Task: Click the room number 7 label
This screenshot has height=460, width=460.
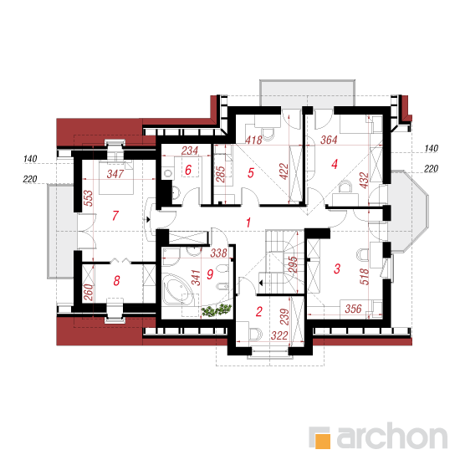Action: click(x=115, y=215)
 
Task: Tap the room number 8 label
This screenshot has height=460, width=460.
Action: click(x=116, y=280)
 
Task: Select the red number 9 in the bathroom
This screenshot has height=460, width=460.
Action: click(x=210, y=274)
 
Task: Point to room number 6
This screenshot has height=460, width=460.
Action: click(x=188, y=170)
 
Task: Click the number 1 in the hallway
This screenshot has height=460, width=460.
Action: click(x=248, y=222)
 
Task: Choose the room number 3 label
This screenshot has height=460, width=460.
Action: click(x=337, y=268)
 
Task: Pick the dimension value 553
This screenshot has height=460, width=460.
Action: click(x=89, y=198)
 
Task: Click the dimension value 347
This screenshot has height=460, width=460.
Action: click(x=115, y=174)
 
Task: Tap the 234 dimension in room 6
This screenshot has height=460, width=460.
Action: click(x=190, y=151)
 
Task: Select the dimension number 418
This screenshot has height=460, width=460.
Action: click(x=253, y=140)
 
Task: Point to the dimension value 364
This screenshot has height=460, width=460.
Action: click(x=329, y=140)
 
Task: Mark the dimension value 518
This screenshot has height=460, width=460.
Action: click(x=364, y=276)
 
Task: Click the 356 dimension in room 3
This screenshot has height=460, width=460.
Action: click(x=353, y=309)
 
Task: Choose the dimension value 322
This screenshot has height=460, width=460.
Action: click(x=279, y=335)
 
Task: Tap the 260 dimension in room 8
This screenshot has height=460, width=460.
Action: click(x=89, y=292)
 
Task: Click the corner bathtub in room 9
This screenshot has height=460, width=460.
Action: click(x=178, y=289)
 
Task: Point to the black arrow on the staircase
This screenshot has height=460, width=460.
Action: click(x=260, y=283)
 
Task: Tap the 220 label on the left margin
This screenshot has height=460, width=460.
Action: click(x=30, y=179)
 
